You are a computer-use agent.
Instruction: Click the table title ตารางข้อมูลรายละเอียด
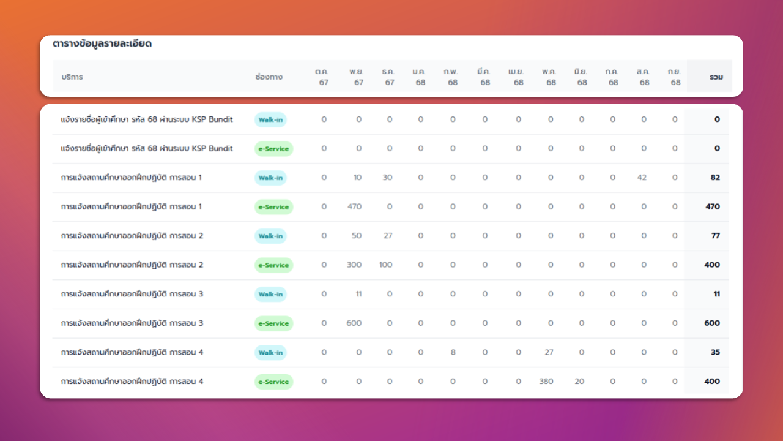click(x=102, y=43)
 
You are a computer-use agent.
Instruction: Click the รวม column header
click(x=716, y=77)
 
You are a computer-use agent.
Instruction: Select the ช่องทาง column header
click(x=269, y=77)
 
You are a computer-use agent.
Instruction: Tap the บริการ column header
click(x=72, y=77)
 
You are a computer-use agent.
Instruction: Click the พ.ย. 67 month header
click(x=357, y=77)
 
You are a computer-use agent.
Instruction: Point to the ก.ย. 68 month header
click(x=674, y=77)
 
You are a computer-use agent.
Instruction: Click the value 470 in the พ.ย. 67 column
click(x=354, y=206)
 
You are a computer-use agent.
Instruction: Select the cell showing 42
click(x=642, y=178)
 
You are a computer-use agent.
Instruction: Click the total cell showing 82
click(x=715, y=178)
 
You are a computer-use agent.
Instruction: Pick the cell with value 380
click(x=546, y=381)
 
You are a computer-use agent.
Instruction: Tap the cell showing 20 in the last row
click(x=579, y=381)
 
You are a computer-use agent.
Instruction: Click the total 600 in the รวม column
click(x=712, y=323)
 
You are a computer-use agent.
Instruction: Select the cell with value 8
click(x=453, y=352)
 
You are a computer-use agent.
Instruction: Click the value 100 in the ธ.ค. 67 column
click(x=385, y=265)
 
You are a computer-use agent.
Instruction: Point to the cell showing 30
click(x=387, y=178)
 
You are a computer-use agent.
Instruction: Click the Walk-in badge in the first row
click(x=270, y=119)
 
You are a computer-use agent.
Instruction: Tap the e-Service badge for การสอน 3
click(x=273, y=323)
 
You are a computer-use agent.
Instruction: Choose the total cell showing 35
click(x=715, y=352)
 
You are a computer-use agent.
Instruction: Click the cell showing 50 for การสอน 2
click(x=357, y=236)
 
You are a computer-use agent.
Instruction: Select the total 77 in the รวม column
click(x=716, y=236)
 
